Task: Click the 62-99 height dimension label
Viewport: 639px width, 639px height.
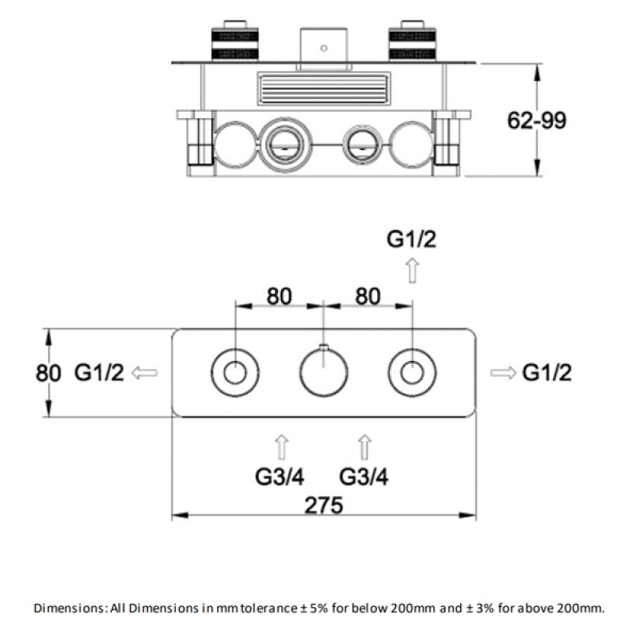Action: click(x=537, y=120)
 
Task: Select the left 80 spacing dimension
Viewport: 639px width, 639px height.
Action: click(x=278, y=296)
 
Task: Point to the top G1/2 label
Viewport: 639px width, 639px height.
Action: click(x=412, y=239)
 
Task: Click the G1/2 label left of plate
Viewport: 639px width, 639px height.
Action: click(x=100, y=372)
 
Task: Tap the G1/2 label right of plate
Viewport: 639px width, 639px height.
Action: click(x=547, y=372)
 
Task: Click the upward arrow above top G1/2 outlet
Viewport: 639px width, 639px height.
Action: click(x=412, y=271)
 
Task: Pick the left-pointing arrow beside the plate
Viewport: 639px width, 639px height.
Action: click(x=145, y=372)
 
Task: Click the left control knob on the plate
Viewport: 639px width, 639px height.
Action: click(x=236, y=372)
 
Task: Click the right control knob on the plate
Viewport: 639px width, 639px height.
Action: click(x=411, y=372)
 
